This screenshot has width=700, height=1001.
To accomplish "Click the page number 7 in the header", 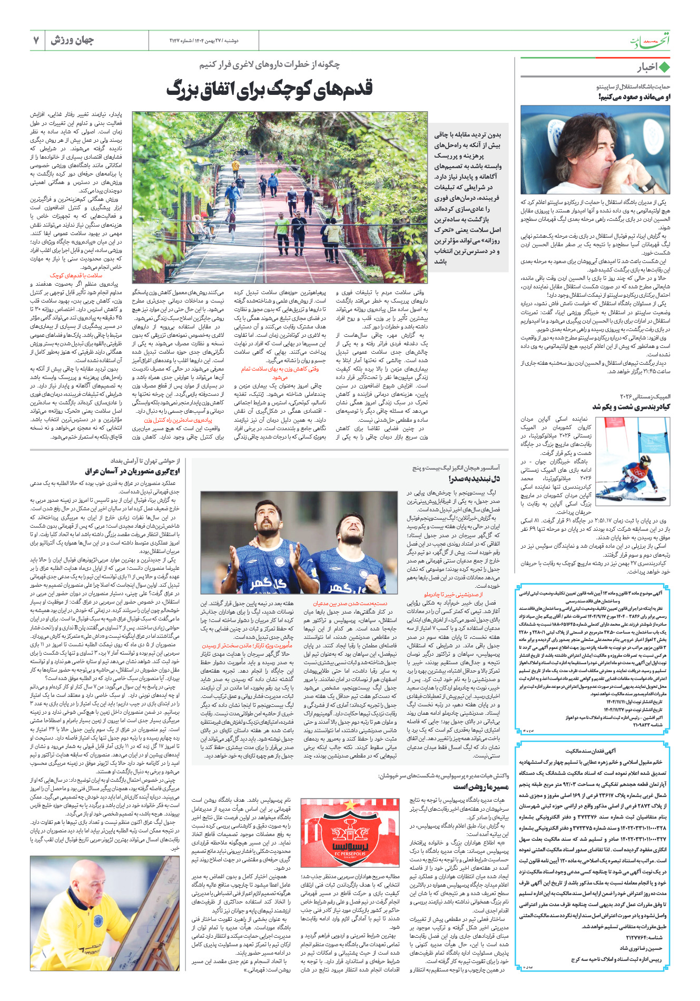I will (x=36, y=40).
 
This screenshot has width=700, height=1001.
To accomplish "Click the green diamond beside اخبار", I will (x=664, y=67).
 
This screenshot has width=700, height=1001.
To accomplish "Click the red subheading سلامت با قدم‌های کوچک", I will (x=76, y=275).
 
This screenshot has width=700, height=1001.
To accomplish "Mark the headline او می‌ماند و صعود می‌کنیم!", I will (x=634, y=96).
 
